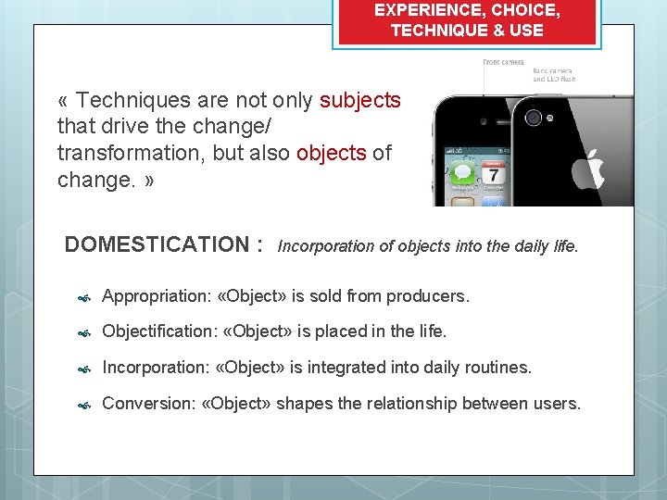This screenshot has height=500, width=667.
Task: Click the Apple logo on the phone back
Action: (590, 172)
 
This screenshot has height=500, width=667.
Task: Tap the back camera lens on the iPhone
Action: (533, 119)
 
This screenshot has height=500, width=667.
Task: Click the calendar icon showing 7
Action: (493, 174)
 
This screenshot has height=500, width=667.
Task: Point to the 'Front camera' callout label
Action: (503, 62)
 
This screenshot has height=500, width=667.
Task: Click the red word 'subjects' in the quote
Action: (359, 100)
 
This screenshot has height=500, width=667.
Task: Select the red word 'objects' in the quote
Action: (332, 153)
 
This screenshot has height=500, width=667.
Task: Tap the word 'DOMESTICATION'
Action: (156, 244)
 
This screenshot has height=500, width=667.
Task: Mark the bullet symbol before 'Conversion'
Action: (82, 405)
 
